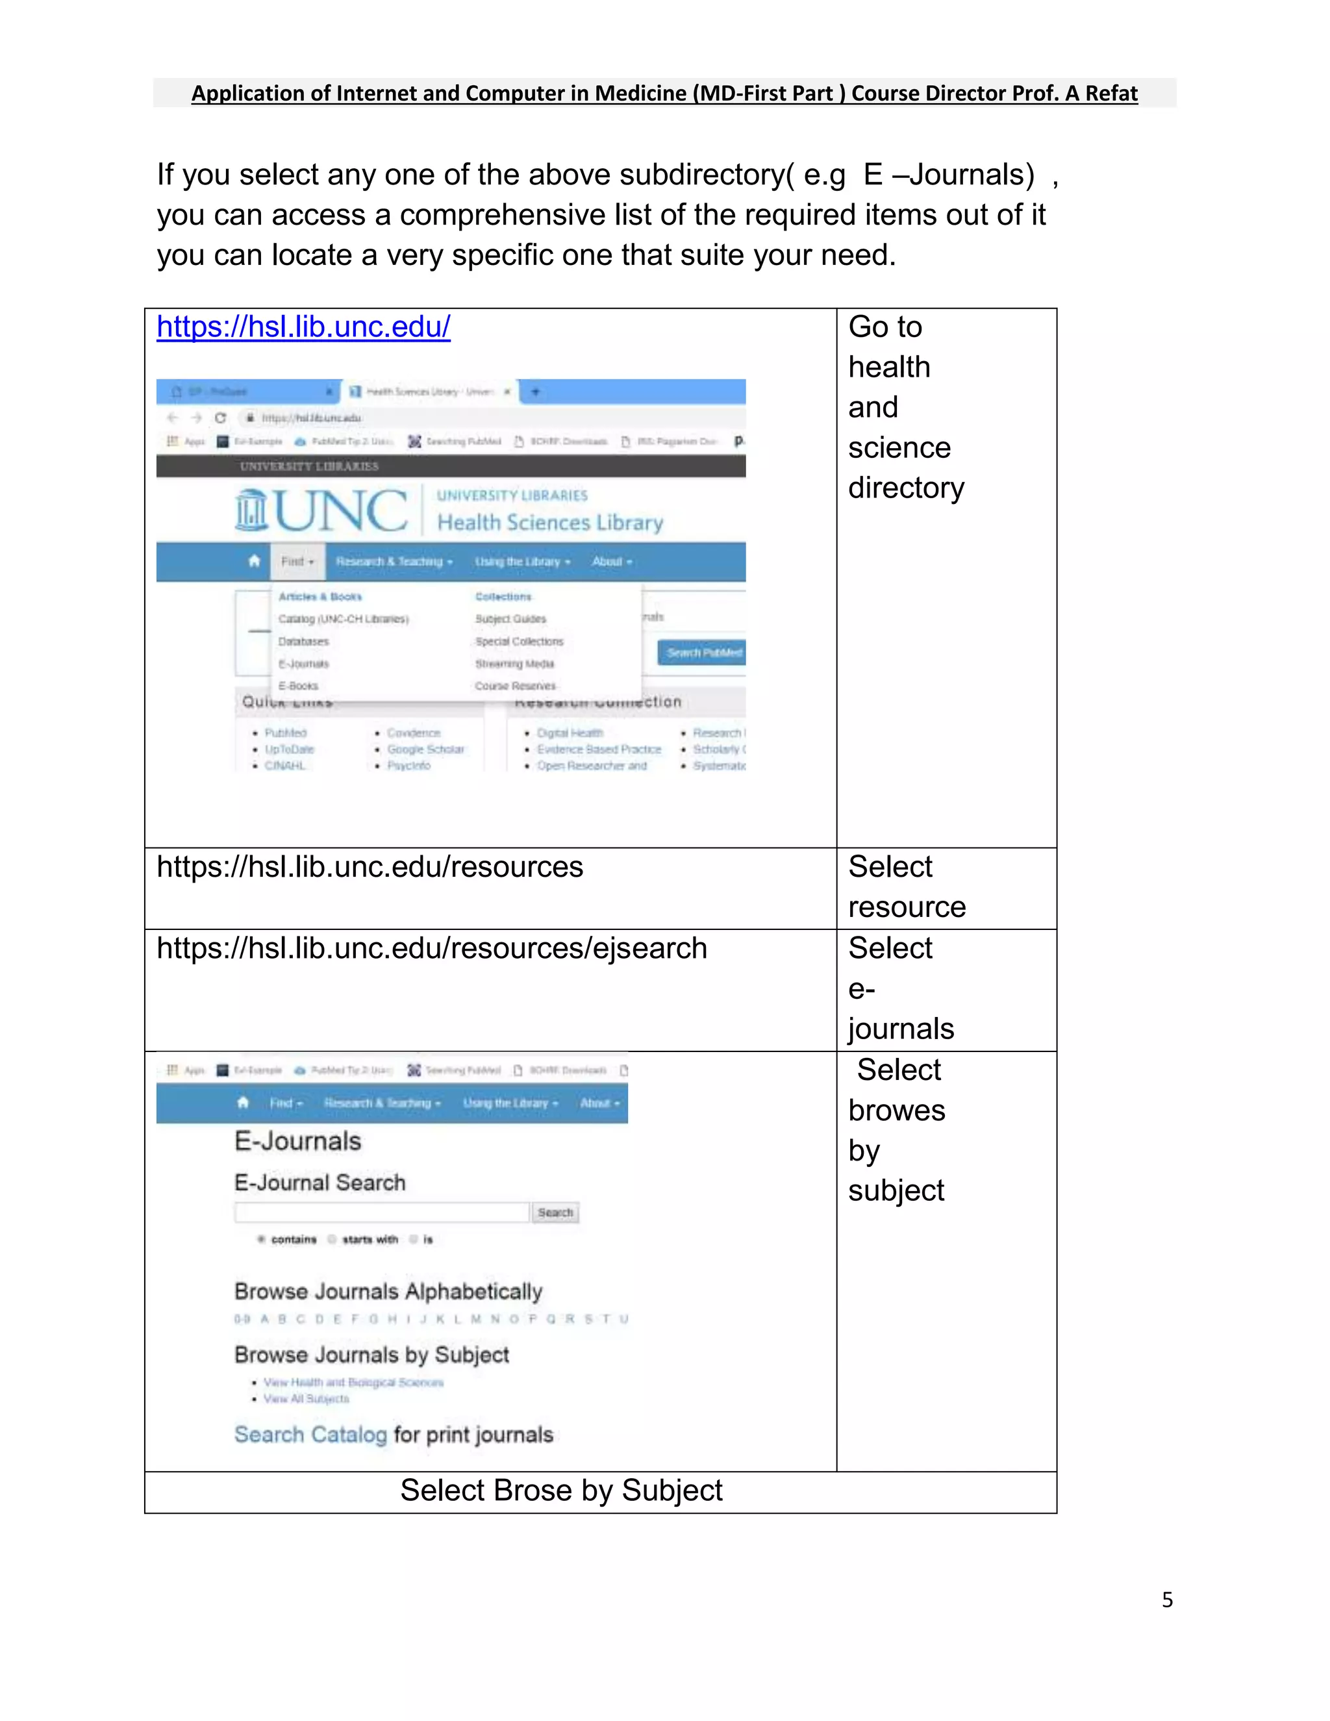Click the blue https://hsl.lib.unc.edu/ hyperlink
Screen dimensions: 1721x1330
pos(303,326)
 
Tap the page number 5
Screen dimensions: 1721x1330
pos(1167,1600)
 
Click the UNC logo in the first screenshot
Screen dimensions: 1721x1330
pos(321,510)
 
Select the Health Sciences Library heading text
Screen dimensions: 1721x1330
pos(550,522)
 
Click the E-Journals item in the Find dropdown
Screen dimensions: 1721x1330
pos(303,664)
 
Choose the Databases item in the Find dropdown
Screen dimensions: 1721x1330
pos(303,642)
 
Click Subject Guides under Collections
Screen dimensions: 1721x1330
pos(510,618)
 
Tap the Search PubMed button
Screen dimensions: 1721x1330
pos(702,653)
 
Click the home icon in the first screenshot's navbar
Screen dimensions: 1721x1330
pos(254,561)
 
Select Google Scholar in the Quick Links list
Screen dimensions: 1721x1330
pos(425,749)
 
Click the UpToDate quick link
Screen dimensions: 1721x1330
pos(289,749)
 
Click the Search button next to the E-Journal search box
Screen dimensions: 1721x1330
pos(555,1212)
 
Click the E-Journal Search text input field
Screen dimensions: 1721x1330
pos(381,1212)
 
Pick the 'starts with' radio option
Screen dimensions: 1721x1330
pos(333,1240)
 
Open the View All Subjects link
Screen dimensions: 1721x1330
pos(306,1399)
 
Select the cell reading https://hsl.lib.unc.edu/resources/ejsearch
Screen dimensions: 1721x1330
pos(432,948)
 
